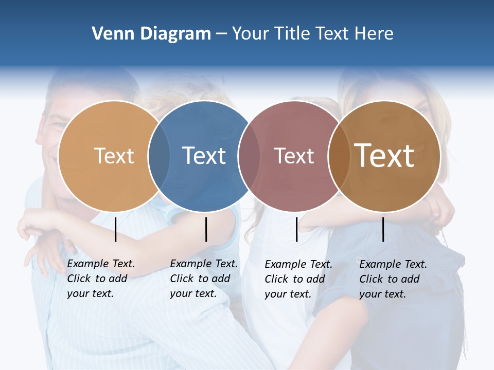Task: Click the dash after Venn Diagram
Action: tap(221, 34)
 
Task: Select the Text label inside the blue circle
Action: tap(204, 156)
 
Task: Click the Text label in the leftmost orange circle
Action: tap(114, 156)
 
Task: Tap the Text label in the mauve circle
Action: tap(294, 156)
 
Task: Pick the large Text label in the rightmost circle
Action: tap(384, 155)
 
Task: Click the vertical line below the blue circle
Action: tap(206, 229)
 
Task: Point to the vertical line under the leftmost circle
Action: tap(115, 229)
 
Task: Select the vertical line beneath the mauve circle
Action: tap(296, 229)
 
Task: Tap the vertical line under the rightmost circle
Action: tap(383, 229)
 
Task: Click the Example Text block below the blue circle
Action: tap(203, 279)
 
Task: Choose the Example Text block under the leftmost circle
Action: tap(100, 279)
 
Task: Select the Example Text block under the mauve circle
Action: tap(298, 279)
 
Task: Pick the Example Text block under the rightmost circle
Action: tap(393, 279)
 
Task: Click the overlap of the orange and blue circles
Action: tap(159, 156)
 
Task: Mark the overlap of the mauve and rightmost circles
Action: tap(339, 156)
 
